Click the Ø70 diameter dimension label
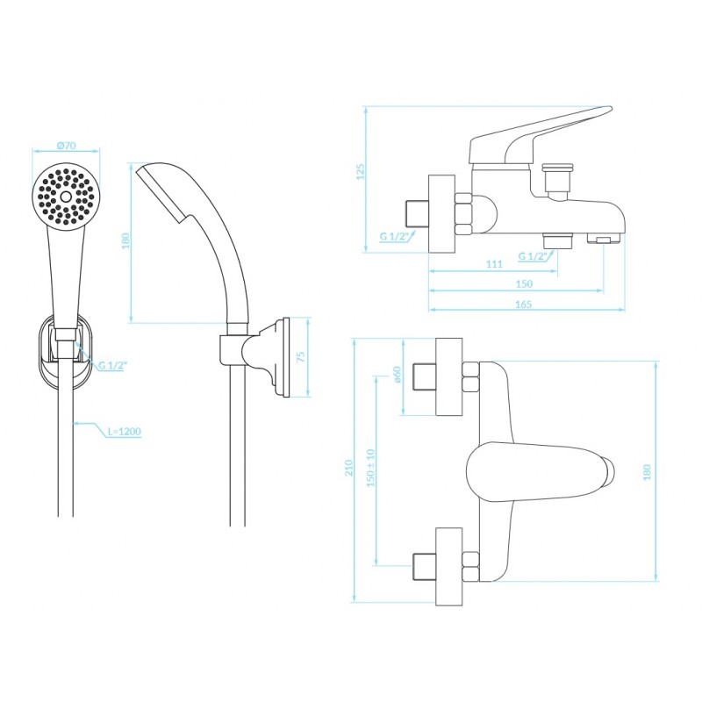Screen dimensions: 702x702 [67, 146]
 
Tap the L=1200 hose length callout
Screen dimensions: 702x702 [125, 432]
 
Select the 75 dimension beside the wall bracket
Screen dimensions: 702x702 [301, 357]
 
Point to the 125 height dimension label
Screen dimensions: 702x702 [361, 172]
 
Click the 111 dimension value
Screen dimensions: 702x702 [494, 264]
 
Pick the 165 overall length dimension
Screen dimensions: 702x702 [523, 304]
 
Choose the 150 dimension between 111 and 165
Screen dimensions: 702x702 [524, 283]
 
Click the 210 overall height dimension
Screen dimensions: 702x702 [348, 468]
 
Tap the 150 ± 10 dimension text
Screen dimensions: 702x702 [370, 468]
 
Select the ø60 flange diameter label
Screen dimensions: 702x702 [397, 375]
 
